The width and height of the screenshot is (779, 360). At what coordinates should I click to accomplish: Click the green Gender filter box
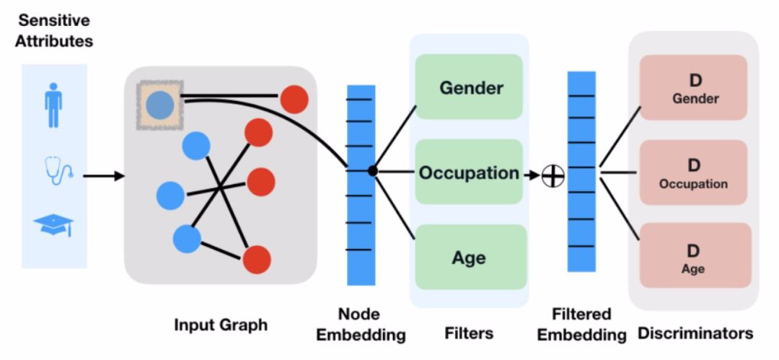(469, 87)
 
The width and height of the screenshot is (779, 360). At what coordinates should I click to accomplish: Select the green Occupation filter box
(469, 172)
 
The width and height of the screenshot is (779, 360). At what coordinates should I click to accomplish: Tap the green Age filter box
(469, 257)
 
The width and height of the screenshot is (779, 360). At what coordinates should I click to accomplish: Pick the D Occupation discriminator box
(694, 172)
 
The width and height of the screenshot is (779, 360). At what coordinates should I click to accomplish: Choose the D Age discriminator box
(694, 257)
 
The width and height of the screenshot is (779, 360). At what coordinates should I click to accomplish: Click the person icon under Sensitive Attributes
(53, 104)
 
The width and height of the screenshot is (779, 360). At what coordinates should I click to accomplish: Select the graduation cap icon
(53, 225)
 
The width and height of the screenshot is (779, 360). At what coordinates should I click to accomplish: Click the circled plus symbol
(553, 175)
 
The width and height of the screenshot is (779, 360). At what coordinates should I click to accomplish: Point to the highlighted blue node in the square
(159, 105)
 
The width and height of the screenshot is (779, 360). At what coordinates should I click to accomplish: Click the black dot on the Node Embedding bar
(372, 171)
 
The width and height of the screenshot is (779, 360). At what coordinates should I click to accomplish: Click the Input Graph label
(221, 325)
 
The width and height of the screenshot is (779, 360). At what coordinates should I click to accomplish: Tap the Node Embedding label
(361, 325)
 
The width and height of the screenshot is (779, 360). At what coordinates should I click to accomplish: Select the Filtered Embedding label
(581, 325)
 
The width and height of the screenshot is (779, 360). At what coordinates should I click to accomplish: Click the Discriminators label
(695, 333)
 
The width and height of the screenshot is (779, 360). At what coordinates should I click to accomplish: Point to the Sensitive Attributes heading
(56, 30)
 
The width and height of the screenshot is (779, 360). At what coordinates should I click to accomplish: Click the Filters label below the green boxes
(469, 333)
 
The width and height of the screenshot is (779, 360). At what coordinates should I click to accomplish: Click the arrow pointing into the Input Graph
(104, 175)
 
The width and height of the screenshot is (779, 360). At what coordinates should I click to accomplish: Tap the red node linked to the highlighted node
(294, 99)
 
